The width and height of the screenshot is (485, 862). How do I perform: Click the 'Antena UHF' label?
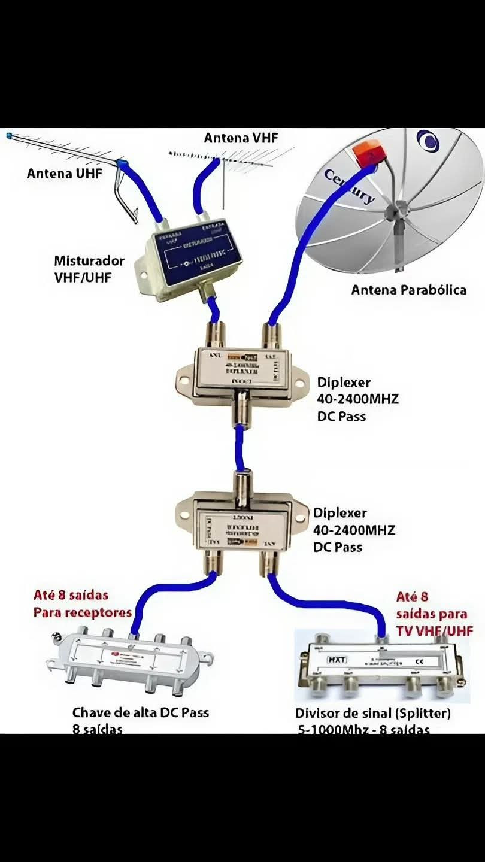click(x=65, y=174)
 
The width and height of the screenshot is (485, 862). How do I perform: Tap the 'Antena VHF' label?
click(x=241, y=138)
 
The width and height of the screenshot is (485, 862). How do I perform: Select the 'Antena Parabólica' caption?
click(x=408, y=290)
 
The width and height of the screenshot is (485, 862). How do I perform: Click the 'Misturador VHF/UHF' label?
click(x=89, y=269)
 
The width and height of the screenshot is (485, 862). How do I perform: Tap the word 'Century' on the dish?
click(x=349, y=186)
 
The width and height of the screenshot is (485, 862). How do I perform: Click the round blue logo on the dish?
click(x=428, y=141)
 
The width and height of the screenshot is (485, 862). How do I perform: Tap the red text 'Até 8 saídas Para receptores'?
click(x=82, y=604)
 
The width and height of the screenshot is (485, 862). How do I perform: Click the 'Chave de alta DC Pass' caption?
click(x=140, y=712)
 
